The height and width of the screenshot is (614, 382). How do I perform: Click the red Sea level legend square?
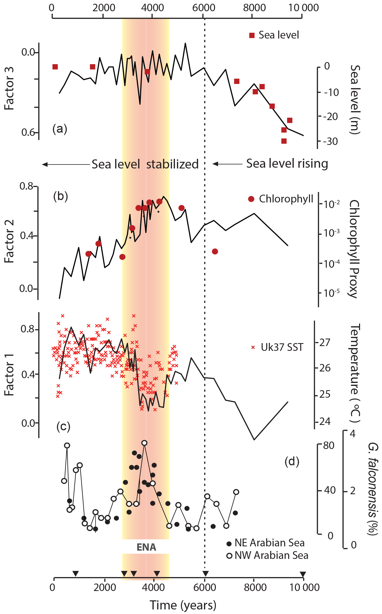tap(252, 35)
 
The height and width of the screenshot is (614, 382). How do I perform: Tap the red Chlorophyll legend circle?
tap(251, 199)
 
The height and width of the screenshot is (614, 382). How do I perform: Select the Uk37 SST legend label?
tap(282, 347)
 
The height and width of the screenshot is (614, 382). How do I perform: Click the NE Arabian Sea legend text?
tap(269, 543)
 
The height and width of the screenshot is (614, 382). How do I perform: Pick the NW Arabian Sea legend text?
tap(271, 555)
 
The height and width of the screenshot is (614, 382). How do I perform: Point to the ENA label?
tap(146, 547)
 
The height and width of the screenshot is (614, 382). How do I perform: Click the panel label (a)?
tap(60, 129)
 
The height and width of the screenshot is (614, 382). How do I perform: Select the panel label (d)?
tap(292, 461)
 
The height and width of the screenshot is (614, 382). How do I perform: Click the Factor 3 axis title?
tap(9, 88)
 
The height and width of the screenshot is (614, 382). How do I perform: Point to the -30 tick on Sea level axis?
tap(331, 141)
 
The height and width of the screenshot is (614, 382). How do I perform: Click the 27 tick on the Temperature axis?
tap(325, 342)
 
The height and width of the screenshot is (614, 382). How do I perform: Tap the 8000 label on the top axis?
tap(254, 8)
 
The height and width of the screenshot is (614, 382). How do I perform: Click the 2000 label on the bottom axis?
tap(105, 588)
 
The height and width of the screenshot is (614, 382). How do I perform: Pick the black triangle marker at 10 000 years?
tap(303, 574)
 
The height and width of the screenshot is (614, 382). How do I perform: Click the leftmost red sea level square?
tap(55, 67)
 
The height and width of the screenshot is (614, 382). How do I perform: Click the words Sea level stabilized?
tap(145, 164)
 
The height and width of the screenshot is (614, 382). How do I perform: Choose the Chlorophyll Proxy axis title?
tap(354, 249)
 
